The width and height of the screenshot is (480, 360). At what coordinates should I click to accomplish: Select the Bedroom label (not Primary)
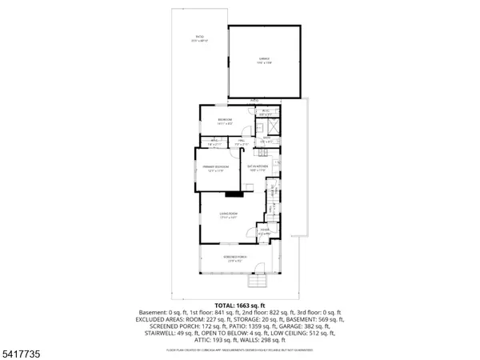coord(225,122)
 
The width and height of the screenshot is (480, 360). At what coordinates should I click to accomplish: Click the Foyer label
coord(265,232)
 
